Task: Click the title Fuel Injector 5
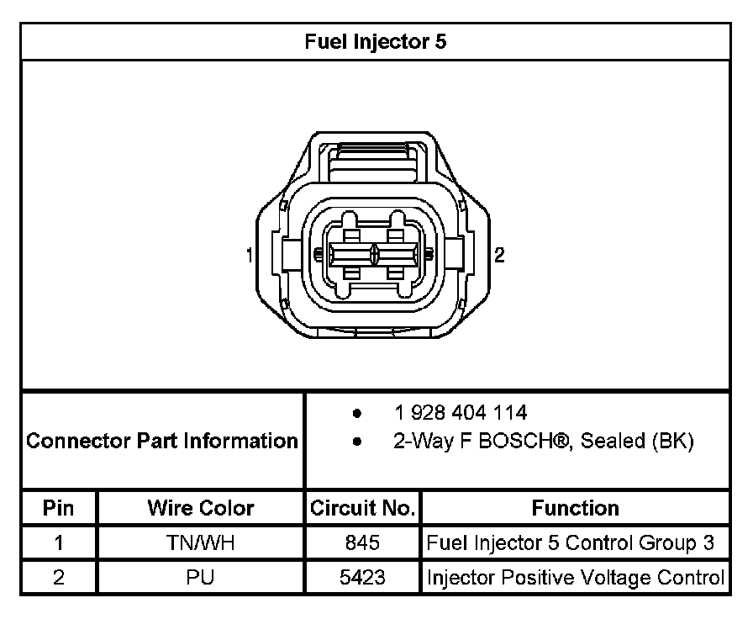[376, 41]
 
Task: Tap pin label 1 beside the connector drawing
[250, 255]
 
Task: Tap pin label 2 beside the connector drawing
[500, 255]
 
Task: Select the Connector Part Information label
[162, 440]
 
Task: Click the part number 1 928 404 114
[461, 413]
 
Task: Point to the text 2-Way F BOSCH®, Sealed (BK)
[544, 442]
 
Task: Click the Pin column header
[59, 508]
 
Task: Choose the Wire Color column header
[201, 508]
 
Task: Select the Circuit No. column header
[362, 508]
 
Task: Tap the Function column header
[575, 508]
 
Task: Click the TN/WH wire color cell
[201, 543]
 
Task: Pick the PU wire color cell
[201, 578]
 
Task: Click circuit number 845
[362, 543]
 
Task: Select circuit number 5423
[362, 578]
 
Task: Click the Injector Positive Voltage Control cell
[576, 578]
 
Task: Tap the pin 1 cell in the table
[59, 543]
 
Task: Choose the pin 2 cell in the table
[59, 578]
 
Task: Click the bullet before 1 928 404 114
[357, 414]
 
